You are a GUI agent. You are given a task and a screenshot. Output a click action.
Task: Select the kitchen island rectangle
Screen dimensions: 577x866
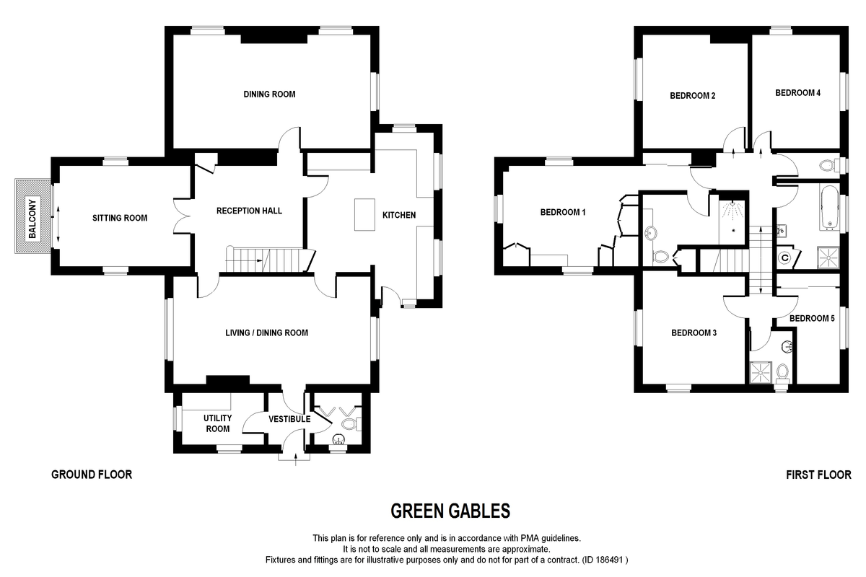click(362, 215)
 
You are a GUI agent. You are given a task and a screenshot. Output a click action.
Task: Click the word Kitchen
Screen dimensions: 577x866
click(398, 216)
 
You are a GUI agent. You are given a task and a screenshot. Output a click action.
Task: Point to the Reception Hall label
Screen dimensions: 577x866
click(249, 211)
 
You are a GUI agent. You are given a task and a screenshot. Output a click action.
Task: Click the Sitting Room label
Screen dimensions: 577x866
click(120, 218)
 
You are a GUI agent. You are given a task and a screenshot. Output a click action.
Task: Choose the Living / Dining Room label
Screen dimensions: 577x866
click(266, 333)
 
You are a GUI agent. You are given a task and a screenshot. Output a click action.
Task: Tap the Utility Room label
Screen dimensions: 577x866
click(216, 423)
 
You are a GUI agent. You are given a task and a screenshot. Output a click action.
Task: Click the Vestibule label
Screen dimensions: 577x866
click(289, 419)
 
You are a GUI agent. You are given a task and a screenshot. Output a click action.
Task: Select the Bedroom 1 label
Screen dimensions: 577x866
click(563, 213)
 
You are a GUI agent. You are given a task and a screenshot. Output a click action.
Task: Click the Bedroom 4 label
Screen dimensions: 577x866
click(797, 93)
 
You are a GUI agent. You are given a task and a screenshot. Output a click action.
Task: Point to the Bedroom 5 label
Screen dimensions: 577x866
click(811, 318)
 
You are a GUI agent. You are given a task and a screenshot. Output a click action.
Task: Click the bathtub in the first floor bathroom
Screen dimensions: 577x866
click(828, 208)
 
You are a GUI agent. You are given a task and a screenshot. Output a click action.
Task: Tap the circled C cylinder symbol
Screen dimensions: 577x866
click(784, 256)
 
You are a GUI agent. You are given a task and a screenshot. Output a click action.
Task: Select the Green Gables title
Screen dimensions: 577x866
click(450, 511)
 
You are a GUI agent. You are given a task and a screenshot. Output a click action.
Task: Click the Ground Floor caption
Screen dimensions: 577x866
click(92, 475)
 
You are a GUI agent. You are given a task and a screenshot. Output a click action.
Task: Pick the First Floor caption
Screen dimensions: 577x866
click(818, 475)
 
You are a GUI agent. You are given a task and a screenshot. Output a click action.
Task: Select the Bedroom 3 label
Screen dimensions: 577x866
click(694, 333)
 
